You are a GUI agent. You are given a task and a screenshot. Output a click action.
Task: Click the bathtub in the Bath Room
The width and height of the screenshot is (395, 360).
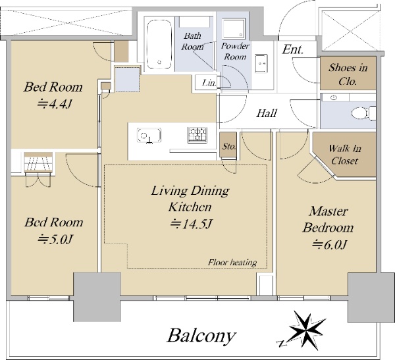point(159,44)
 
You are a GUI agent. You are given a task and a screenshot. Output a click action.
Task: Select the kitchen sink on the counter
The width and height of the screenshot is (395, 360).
point(149,135)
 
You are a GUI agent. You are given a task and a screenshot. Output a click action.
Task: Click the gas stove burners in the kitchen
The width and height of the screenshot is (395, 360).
point(197,136)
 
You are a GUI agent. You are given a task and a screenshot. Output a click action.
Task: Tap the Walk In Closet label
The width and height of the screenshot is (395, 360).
point(344,155)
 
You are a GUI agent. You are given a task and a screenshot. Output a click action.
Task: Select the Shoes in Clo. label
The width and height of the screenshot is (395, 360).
point(348,74)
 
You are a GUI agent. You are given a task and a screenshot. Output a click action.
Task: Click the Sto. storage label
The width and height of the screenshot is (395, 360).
point(229,146)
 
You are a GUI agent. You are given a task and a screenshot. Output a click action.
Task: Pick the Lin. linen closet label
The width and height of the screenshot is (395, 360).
point(209,83)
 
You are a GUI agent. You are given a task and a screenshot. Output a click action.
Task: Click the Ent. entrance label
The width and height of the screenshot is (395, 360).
point(293,49)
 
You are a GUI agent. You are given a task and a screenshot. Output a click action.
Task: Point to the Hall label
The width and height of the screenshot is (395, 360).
point(267,113)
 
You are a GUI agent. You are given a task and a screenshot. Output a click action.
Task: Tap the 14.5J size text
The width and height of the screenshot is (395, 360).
point(192,224)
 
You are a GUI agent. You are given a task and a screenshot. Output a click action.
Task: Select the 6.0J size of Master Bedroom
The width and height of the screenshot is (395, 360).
point(330,244)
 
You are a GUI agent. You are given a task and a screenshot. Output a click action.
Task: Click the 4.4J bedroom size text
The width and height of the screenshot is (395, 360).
point(55,103)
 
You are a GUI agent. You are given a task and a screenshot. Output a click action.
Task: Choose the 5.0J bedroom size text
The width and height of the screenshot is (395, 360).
point(55,239)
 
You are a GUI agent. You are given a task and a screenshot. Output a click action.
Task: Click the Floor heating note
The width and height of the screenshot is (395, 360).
point(232,263)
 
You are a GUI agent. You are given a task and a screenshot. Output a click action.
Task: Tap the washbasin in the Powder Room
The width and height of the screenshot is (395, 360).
point(261,63)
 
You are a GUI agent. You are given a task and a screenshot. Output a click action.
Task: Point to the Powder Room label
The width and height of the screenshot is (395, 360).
point(235,51)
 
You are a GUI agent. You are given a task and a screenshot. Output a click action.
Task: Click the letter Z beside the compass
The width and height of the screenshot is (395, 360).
point(282,344)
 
